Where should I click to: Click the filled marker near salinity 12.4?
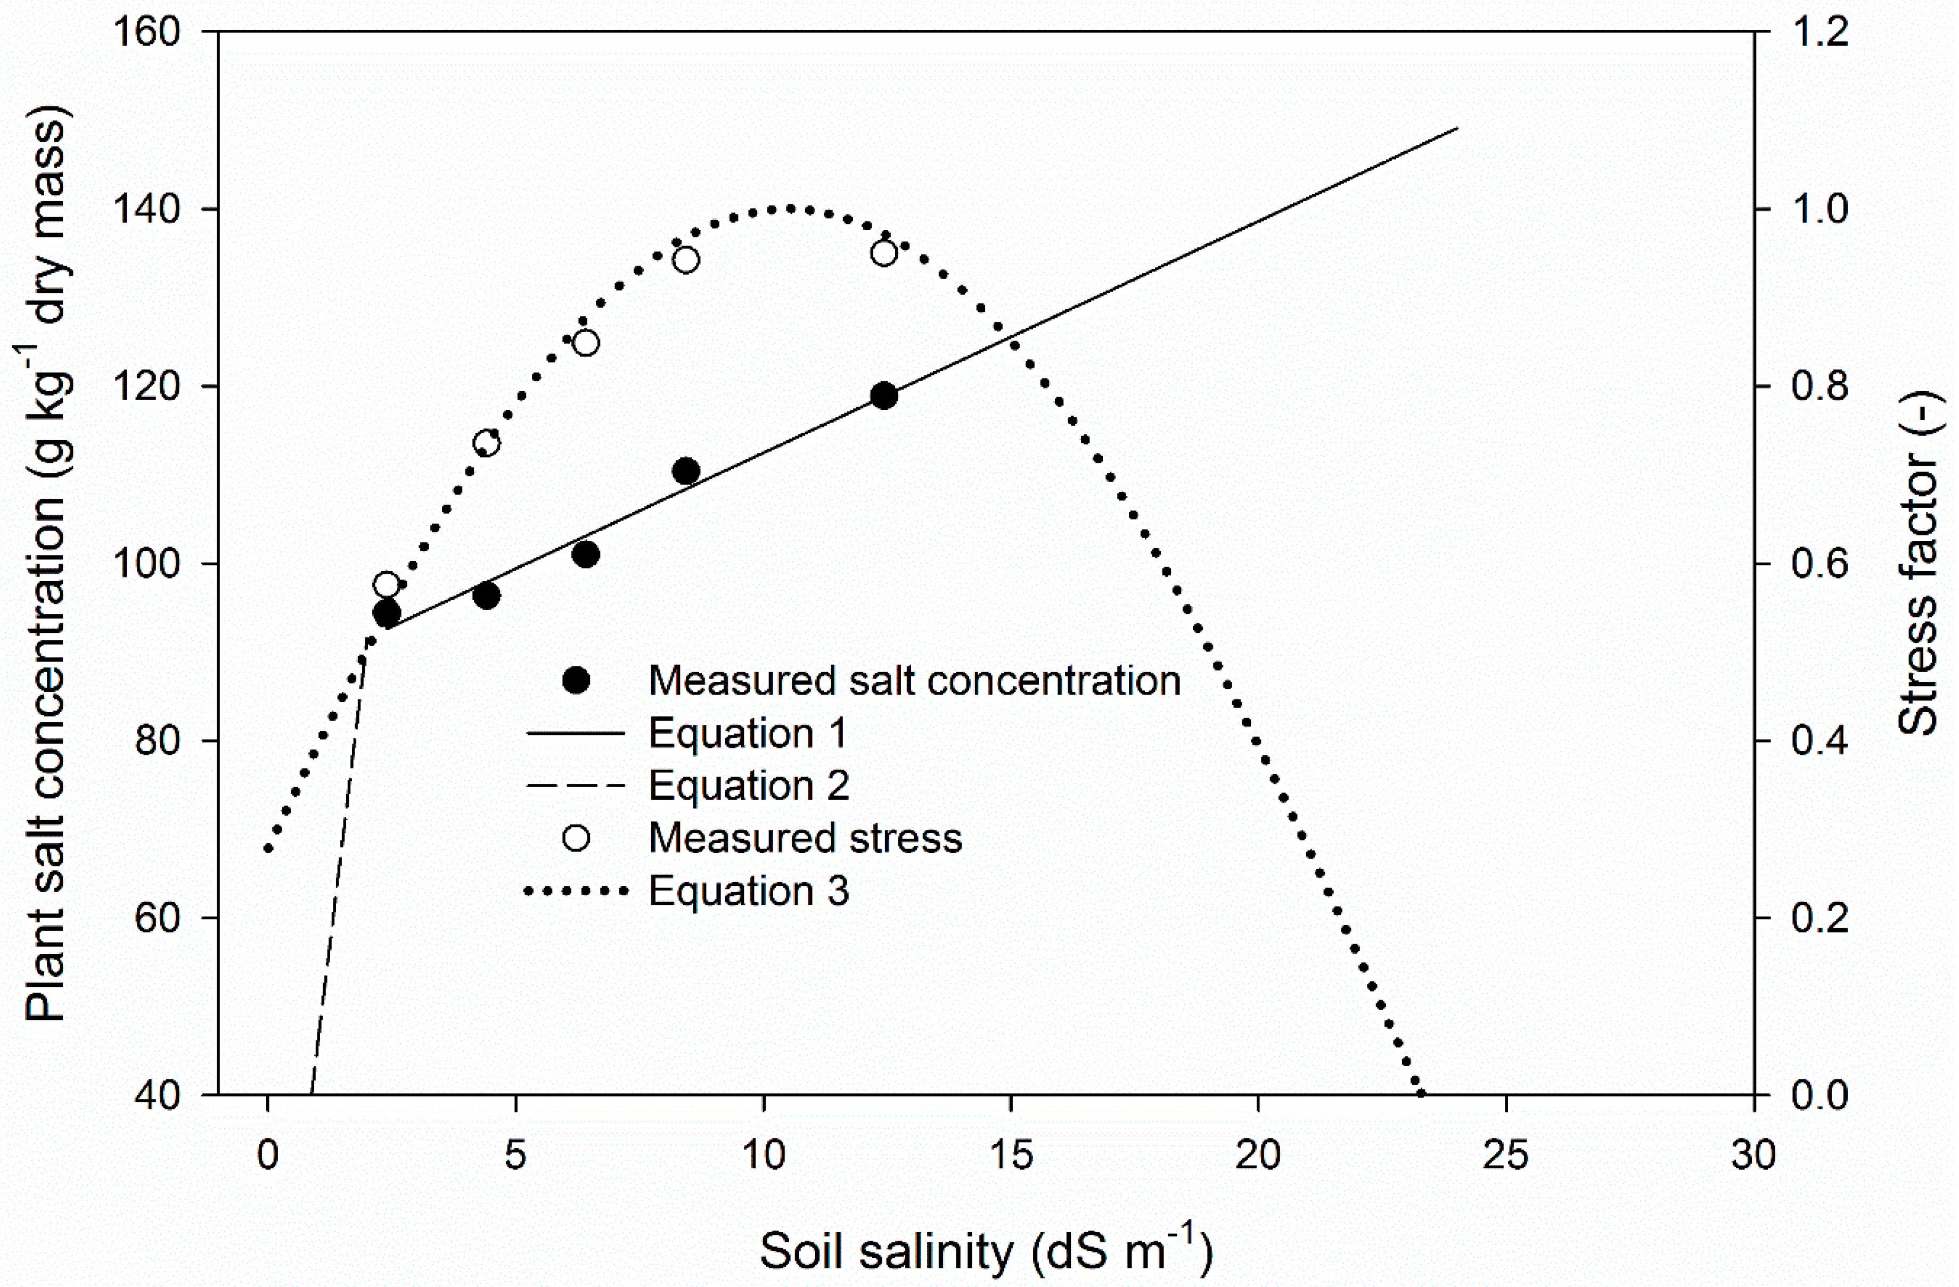(883, 396)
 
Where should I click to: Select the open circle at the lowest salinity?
(386, 585)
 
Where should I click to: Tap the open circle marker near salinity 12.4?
(883, 253)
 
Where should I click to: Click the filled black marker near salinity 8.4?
(686, 472)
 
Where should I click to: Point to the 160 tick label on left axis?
(146, 33)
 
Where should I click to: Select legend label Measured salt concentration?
(914, 681)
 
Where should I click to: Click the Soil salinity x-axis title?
(985, 1250)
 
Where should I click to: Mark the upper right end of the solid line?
(1457, 128)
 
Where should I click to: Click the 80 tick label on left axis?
(157, 740)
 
